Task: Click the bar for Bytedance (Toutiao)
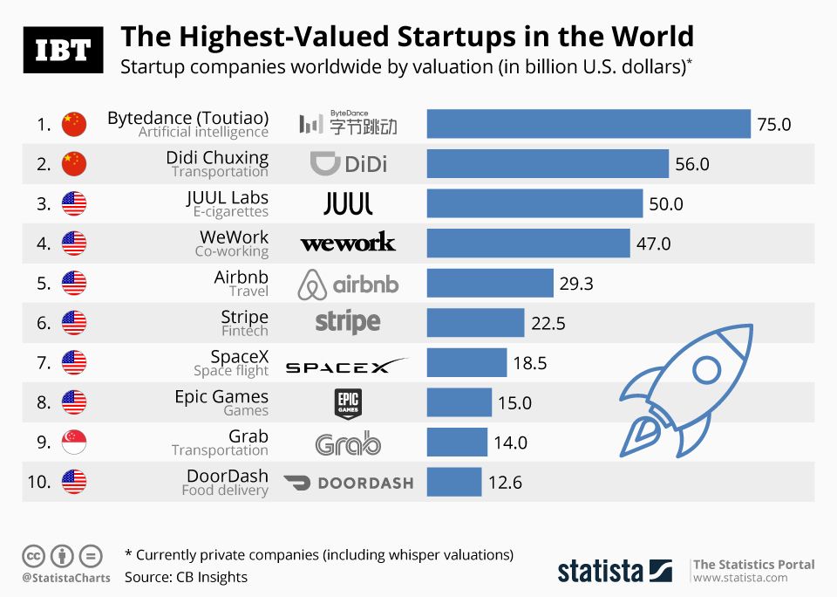pyautogui.click(x=589, y=124)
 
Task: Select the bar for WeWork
pyautogui.click(x=528, y=244)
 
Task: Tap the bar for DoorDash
pyautogui.click(x=453, y=482)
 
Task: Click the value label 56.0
pyautogui.click(x=692, y=164)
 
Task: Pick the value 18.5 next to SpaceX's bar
pyautogui.click(x=530, y=363)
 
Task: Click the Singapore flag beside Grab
pyautogui.click(x=74, y=443)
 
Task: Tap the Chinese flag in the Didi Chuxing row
pyautogui.click(x=74, y=164)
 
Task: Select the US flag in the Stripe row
pyautogui.click(x=74, y=323)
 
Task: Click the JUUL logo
pyautogui.click(x=348, y=204)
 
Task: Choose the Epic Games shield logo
pyautogui.click(x=348, y=402)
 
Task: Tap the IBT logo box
pyautogui.click(x=63, y=50)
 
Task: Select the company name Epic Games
pyautogui.click(x=221, y=396)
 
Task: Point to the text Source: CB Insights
pyautogui.click(x=186, y=577)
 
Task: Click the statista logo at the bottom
pyautogui.click(x=615, y=572)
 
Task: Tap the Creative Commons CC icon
pyautogui.click(x=33, y=555)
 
